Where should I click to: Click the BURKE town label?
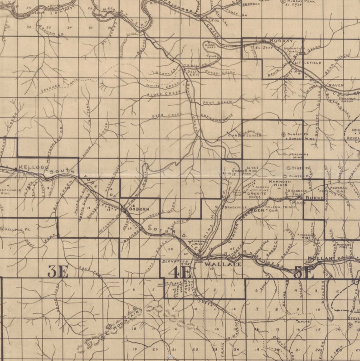click(316, 198)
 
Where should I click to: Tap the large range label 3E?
click(58, 272)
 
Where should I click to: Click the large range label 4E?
click(180, 272)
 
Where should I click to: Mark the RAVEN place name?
click(336, 85)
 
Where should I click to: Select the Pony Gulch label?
click(214, 102)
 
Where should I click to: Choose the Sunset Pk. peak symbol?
click(284, 134)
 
